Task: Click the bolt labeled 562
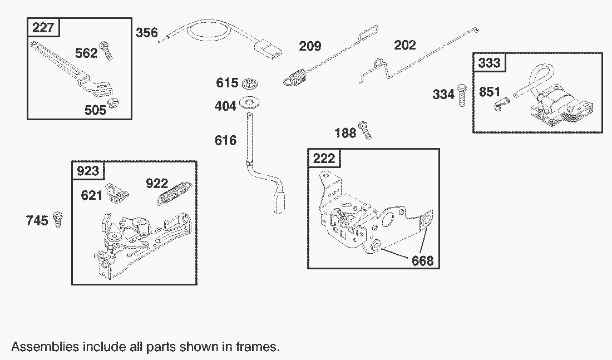106,51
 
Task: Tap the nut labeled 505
113,103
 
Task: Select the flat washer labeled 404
250,103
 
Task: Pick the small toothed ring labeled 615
250,83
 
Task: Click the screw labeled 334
462,95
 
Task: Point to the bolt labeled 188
365,130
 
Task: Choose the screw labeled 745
58,219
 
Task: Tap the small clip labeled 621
117,193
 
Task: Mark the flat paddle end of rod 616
279,202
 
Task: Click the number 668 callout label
422,260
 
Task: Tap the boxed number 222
324,158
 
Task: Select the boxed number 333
489,62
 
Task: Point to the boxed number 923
88,171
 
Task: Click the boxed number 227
43,27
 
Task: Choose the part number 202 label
404,45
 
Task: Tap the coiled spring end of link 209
295,77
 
